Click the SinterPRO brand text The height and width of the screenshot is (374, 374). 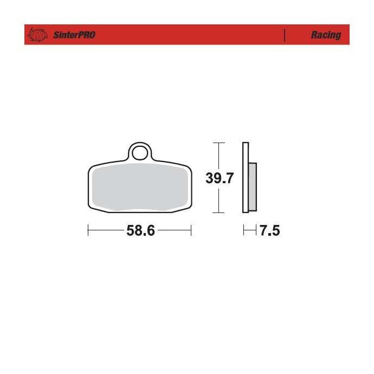click(74, 35)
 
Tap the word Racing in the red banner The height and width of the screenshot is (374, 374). click(326, 35)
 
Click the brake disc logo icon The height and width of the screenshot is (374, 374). click(37, 35)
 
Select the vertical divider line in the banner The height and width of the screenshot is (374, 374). click(285, 35)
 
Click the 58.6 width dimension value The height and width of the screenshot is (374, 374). click(140, 231)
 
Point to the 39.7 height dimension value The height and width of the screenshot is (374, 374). click(220, 178)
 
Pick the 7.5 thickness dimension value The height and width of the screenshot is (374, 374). click(270, 231)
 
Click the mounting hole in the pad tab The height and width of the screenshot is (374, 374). click(139, 153)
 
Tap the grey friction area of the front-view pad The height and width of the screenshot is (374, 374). click(140, 187)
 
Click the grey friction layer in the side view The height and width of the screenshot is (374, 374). click(253, 187)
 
